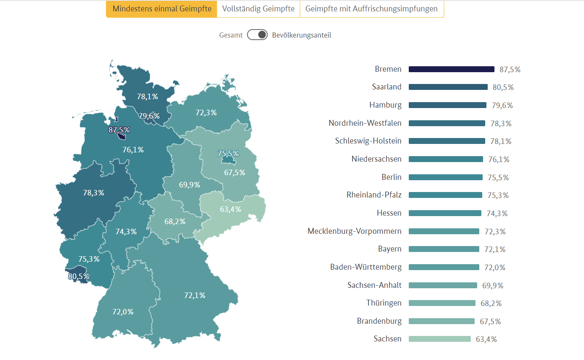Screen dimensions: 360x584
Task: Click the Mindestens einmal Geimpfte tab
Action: pos(161,9)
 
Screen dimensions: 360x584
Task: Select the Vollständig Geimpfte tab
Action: pos(258,9)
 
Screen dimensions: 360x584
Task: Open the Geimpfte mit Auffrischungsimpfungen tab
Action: pos(372,9)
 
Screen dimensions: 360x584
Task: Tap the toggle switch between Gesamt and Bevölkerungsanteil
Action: pos(258,35)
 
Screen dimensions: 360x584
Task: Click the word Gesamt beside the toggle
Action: pos(231,35)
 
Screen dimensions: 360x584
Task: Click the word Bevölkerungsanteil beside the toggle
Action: pos(302,35)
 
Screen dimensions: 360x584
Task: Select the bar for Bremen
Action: pos(451,69)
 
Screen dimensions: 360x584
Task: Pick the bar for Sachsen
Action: pos(440,339)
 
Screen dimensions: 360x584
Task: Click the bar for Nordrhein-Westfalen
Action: pos(447,123)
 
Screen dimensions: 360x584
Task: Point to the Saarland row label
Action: pos(387,87)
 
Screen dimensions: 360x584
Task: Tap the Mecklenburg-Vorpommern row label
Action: pos(355,231)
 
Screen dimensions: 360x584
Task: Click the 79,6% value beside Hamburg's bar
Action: pos(503,106)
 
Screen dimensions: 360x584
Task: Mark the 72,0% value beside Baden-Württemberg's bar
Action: pos(495,268)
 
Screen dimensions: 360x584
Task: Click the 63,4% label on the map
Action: pos(231,209)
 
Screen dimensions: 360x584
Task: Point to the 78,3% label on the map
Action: pos(94,193)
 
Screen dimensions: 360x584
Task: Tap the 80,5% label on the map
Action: pos(79,276)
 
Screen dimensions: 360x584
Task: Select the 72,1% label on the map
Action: pos(195,295)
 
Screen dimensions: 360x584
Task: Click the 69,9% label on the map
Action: pos(190,184)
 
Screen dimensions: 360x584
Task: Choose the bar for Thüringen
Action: pos(442,303)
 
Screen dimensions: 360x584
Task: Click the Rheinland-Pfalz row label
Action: pos(374,195)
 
